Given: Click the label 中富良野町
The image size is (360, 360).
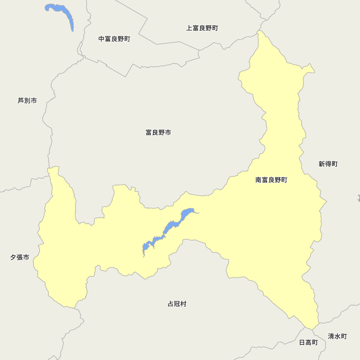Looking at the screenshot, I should pos(114,39).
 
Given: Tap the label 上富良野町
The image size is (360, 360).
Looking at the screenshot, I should pos(202,28).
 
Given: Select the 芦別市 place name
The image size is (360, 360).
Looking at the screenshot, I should pos(27,100).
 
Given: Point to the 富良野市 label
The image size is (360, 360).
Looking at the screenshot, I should pos(158,132).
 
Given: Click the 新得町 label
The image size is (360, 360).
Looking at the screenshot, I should pos(328,164).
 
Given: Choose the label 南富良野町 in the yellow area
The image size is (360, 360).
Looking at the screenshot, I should pos(271,180).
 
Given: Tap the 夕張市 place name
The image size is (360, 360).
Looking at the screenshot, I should pos(20,257).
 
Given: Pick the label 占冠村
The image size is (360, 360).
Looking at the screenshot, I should pos(177,304).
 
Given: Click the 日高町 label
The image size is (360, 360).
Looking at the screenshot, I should pos(309,342).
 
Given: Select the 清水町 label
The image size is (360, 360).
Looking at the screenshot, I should pos(337,336).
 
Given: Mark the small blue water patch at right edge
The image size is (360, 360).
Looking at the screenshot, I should pos(359,198).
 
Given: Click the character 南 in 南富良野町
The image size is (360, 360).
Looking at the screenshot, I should pos(258,180).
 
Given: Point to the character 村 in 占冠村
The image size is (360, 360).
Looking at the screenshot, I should pos(184,304).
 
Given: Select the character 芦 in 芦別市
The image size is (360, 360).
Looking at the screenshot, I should pos(21,100).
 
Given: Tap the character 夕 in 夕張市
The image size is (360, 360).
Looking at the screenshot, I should pos(13,257).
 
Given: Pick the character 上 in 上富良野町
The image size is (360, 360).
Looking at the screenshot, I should pos(189,28).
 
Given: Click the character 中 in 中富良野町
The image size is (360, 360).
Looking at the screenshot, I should pos(102,39).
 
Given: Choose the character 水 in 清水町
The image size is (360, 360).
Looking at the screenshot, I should pos(337,336).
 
